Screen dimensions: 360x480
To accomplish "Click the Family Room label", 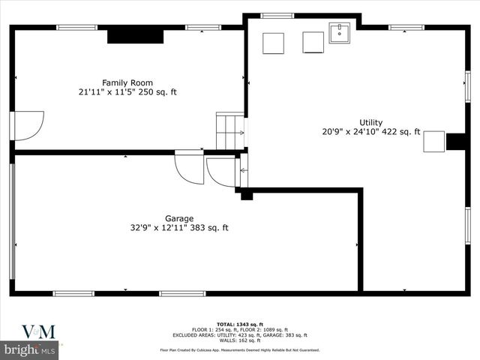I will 127,82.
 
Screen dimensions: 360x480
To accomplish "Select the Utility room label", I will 370,122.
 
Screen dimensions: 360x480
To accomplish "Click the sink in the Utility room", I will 340,33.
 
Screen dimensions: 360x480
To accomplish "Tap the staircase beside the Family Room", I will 230,131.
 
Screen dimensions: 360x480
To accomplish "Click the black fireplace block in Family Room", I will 135,35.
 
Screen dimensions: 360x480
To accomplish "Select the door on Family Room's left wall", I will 27,125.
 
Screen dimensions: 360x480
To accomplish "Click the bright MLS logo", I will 30,349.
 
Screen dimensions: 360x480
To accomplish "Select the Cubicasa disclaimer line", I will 239,349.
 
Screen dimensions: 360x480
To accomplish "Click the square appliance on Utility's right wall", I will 433,141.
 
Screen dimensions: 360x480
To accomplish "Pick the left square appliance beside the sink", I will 273,43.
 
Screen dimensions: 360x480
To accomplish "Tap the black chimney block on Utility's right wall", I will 456,141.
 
